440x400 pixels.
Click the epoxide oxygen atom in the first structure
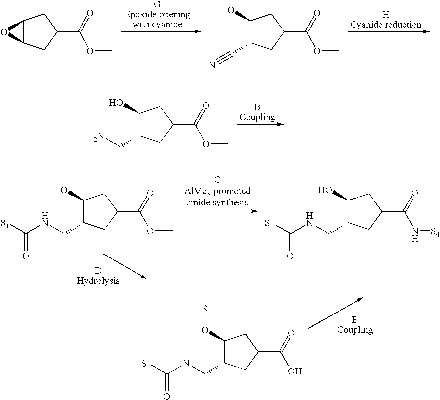[x=4, y=32]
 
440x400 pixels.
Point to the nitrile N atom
[x=212, y=65]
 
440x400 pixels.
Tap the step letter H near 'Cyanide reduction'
[x=386, y=15]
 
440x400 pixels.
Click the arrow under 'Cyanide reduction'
[x=388, y=31]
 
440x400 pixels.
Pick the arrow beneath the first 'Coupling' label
[x=260, y=124]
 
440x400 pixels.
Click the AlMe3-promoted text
[x=217, y=191]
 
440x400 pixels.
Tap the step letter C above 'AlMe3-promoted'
[x=217, y=180]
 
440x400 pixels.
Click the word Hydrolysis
[x=98, y=281]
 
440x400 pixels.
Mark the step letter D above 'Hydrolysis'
[x=98, y=271]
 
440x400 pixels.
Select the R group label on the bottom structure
[x=205, y=309]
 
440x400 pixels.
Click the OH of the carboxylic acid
[x=294, y=371]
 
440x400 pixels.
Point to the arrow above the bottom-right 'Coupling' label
[x=335, y=313]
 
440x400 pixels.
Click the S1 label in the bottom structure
[x=146, y=364]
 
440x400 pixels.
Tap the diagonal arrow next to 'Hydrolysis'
[x=125, y=266]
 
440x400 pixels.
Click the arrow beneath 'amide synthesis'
[x=219, y=211]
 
